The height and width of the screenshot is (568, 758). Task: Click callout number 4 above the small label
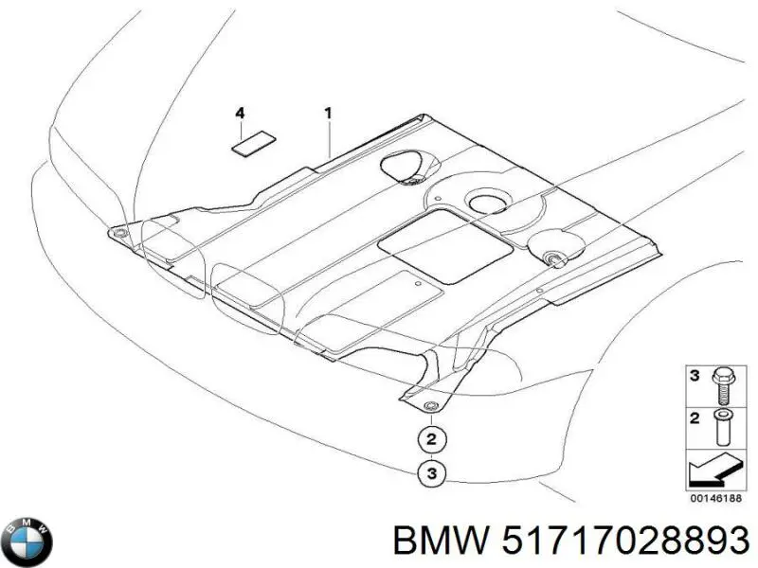(x=241, y=114)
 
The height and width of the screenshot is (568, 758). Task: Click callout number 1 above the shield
(x=328, y=114)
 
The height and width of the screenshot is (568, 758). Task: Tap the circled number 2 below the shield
(x=430, y=439)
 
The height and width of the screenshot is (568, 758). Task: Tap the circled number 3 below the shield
(x=430, y=471)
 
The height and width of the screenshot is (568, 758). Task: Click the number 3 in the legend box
(x=694, y=377)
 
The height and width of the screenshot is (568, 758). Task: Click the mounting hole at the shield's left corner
(x=120, y=229)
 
